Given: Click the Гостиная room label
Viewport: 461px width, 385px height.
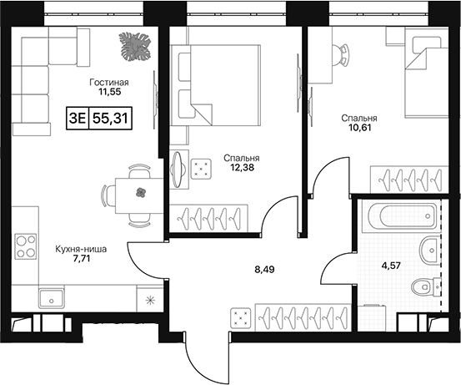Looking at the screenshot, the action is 109,82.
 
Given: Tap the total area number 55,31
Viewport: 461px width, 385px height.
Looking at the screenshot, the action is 110,119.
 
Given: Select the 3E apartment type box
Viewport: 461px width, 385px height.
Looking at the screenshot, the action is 77,119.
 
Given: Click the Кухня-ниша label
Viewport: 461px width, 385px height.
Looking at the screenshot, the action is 81,250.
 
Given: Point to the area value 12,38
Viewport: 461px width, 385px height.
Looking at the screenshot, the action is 242,168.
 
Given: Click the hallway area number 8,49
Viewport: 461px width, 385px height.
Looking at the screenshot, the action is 264,269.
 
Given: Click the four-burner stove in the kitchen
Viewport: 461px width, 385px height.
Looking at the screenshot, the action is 26,246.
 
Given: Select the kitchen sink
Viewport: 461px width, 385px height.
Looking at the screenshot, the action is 51,298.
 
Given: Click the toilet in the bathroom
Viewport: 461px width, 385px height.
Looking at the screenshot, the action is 426,286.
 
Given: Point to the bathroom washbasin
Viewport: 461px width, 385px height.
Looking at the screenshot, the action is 431,250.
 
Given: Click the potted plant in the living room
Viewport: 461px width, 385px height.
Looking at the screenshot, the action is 135,46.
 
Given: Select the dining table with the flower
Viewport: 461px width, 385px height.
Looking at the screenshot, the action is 139,196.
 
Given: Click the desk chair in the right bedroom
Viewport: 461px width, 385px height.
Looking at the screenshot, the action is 341,54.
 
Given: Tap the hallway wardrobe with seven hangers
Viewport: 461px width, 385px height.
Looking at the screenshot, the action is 303,317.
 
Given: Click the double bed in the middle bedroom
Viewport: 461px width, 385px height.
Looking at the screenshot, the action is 216,85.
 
